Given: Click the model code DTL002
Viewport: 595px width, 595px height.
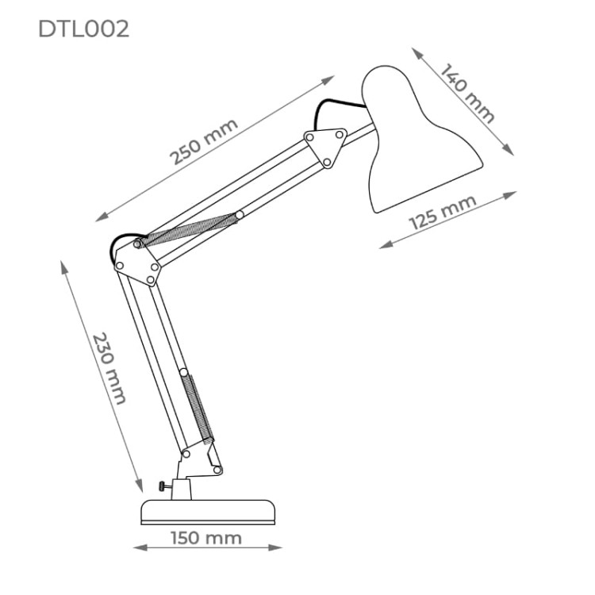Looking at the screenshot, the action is (x=83, y=29).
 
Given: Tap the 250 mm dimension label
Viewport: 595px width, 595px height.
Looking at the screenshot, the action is (x=204, y=141).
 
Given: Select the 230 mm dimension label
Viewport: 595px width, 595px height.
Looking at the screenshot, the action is (x=109, y=368).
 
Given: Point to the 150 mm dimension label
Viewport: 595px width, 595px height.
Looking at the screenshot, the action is (x=206, y=538).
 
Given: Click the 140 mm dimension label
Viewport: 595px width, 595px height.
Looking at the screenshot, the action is (x=467, y=93).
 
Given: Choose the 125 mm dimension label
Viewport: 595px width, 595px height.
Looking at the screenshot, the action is (x=443, y=212).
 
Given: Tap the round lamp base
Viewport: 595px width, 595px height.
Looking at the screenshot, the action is (x=208, y=512).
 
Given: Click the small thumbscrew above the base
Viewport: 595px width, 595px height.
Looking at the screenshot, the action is (x=164, y=486).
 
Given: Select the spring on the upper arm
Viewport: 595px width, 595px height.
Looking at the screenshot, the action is (x=189, y=229).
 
